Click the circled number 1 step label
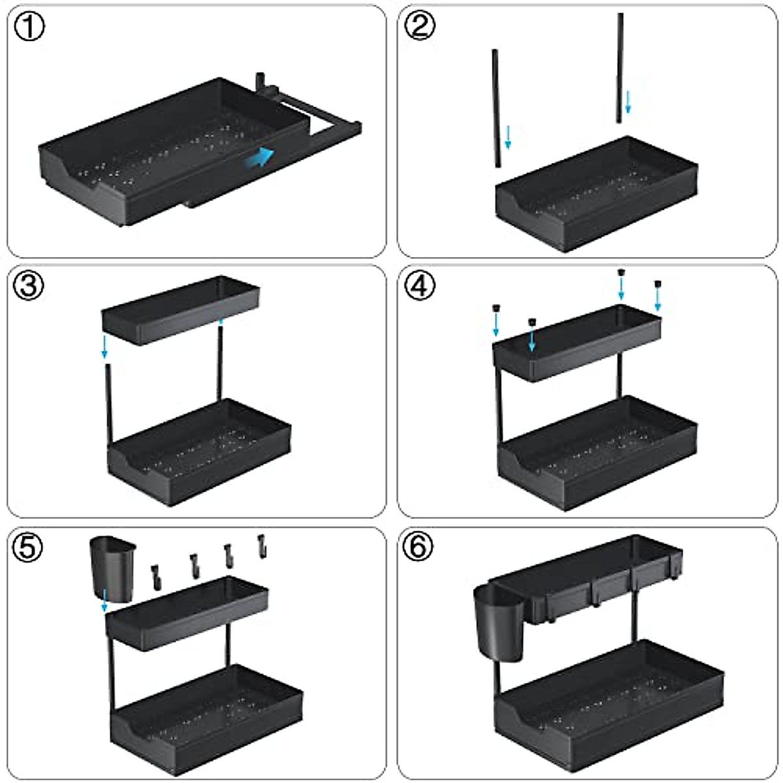[x=29, y=29]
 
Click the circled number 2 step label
[x=419, y=27]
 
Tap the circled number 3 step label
[x=29, y=287]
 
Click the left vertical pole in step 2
[x=497, y=108]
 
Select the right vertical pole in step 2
[x=620, y=69]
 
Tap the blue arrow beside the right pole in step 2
[x=628, y=102]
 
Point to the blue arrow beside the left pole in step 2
[x=508, y=137]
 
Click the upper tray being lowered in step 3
[x=180, y=311]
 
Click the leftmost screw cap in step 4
[x=496, y=309]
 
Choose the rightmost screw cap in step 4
[x=658, y=284]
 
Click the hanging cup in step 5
[x=112, y=568]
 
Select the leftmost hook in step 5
[x=156, y=577]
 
